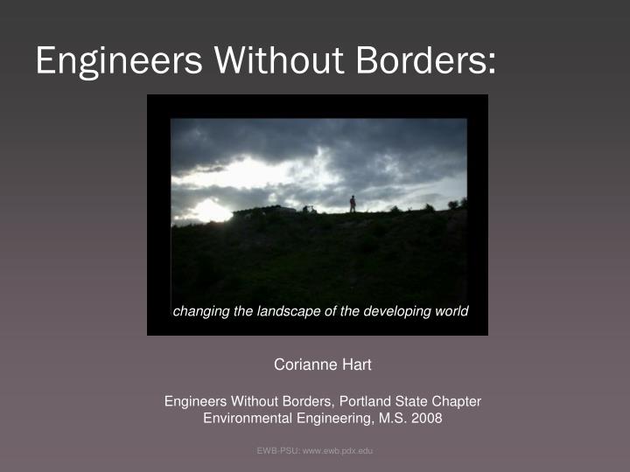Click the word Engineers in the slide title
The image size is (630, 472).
click(117, 60)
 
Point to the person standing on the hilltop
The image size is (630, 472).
click(353, 204)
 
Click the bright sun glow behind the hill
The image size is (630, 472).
click(211, 210)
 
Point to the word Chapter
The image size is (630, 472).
click(455, 401)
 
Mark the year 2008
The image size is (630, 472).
click(428, 418)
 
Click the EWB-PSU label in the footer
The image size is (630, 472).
click(277, 449)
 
